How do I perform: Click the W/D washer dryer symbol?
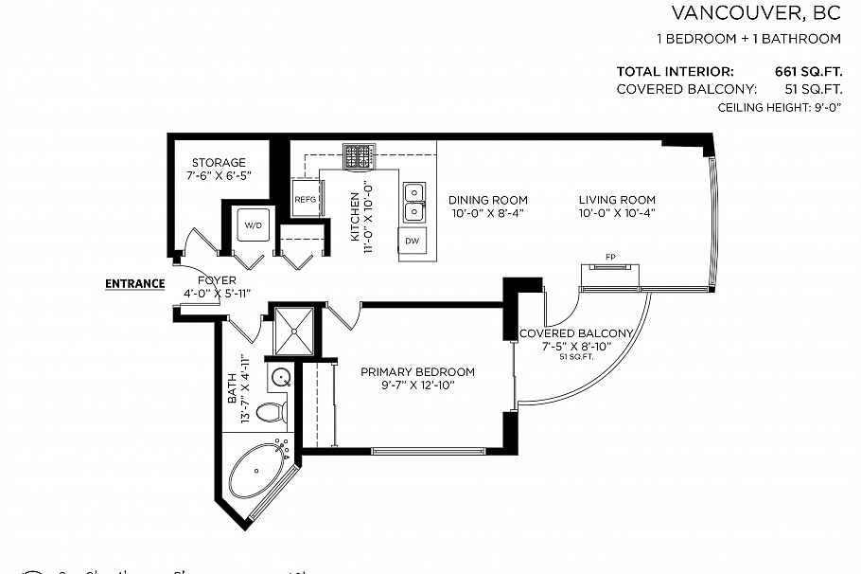point(253,225)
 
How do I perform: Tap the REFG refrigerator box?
point(305,200)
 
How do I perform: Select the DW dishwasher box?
point(412,241)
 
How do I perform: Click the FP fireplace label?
point(611,257)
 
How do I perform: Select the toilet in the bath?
point(272,412)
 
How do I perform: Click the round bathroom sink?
point(281,379)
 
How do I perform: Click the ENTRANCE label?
point(134,283)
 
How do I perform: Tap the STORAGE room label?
point(219,163)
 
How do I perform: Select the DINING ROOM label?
point(487,200)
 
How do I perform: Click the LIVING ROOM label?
point(617,200)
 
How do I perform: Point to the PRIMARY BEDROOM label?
point(417,372)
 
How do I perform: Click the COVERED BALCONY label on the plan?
point(575,333)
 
